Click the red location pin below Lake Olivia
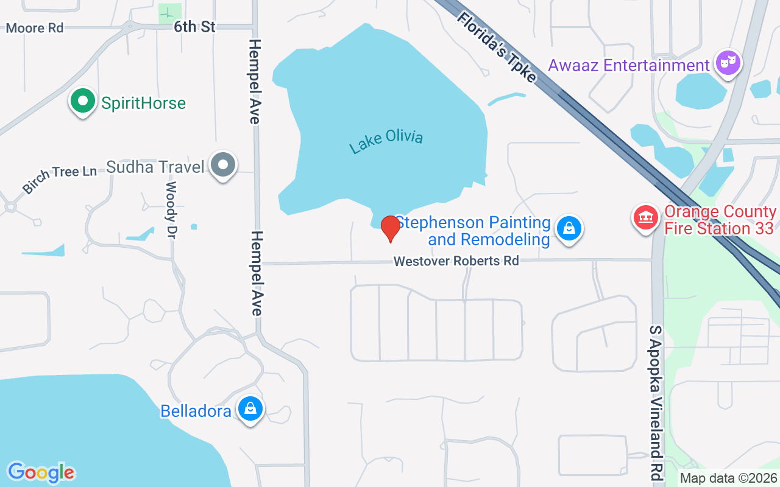[390, 228]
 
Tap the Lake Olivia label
[386, 142]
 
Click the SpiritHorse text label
[143, 103]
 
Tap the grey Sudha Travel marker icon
[223, 165]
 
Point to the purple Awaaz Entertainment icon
[728, 63]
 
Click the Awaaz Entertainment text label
[629, 65]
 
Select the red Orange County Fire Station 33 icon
[645, 217]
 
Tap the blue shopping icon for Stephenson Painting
[569, 229]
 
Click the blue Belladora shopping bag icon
[250, 409]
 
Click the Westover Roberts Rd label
[456, 261]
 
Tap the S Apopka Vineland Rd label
[656, 402]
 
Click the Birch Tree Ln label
[59, 179]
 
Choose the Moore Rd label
[34, 28]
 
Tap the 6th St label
[194, 27]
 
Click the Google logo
[41, 472]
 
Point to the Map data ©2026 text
[729, 478]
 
